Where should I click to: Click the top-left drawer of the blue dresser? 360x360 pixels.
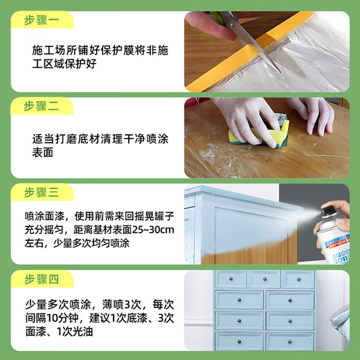[232, 279]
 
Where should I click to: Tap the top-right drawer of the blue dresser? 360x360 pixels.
[298, 279]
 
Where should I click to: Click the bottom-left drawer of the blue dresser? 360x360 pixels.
[240, 341]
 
